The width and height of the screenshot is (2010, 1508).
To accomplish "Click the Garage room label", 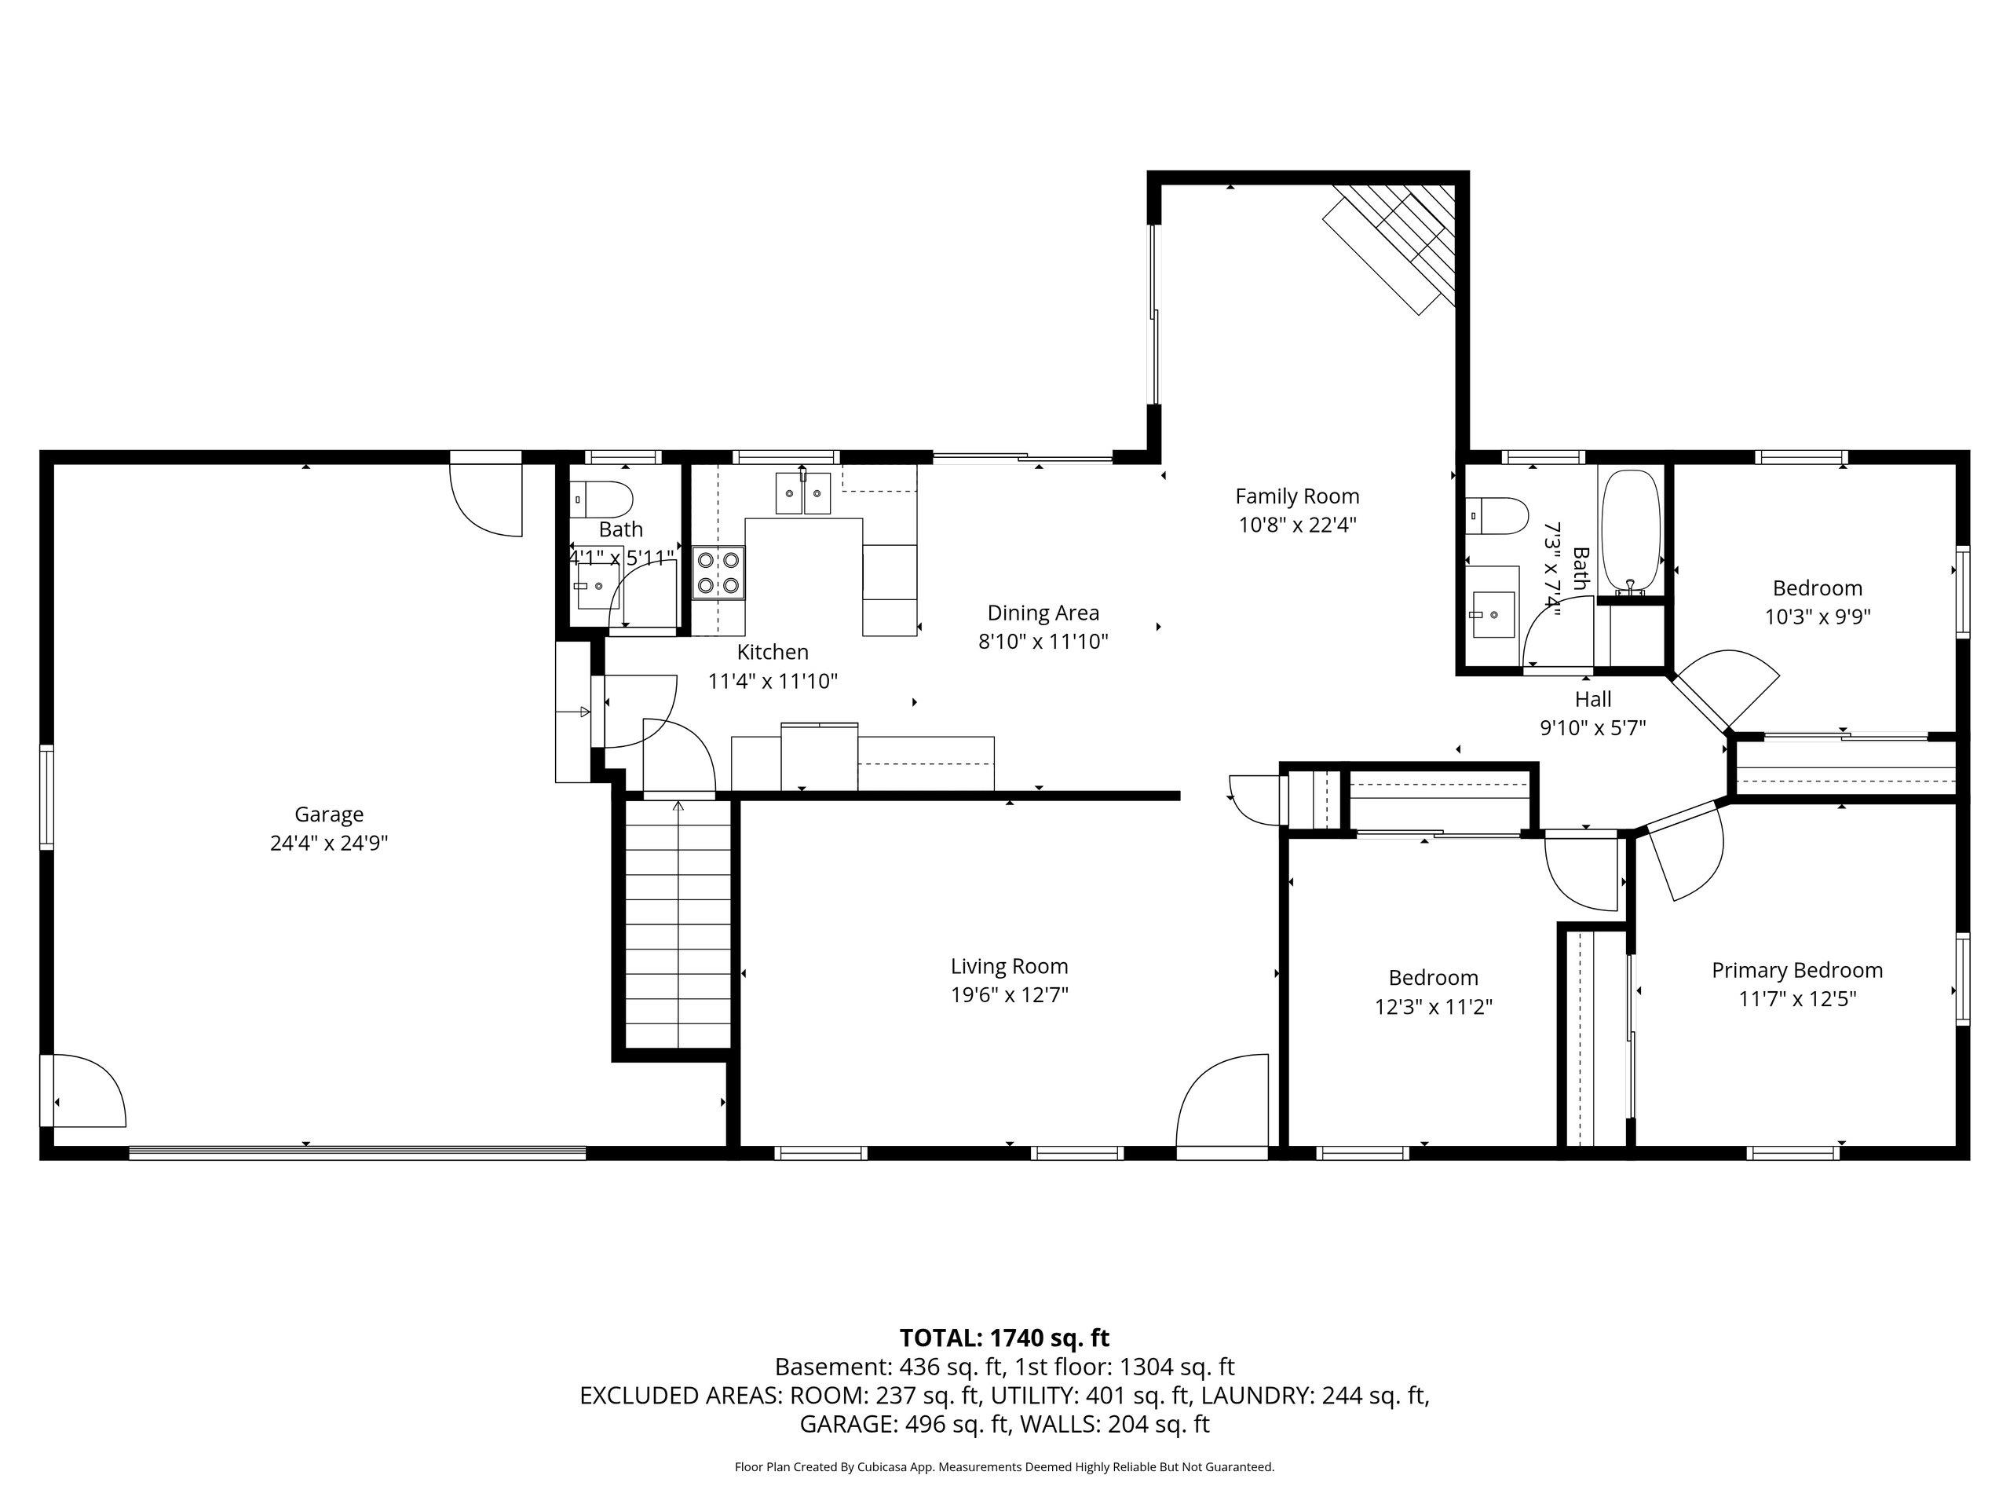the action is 329,814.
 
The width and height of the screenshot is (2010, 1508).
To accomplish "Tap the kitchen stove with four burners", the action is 718,573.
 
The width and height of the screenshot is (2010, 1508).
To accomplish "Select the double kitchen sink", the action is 802,493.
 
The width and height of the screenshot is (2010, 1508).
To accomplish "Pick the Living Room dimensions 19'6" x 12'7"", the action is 1010,995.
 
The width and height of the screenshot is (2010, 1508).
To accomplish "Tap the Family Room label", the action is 1298,496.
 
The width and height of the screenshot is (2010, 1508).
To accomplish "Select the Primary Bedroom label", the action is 1797,970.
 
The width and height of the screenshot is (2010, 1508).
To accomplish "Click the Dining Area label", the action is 1043,613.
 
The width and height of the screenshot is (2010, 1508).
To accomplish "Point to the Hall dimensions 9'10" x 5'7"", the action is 1593,728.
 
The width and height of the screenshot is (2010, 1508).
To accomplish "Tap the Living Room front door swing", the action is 1221,1103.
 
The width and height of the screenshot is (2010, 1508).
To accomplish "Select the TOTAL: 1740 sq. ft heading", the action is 1004,1338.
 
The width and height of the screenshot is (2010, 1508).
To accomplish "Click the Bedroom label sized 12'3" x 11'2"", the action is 1434,977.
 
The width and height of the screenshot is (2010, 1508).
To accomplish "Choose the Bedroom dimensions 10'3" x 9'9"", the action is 1818,617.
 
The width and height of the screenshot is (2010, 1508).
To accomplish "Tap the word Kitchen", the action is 773,652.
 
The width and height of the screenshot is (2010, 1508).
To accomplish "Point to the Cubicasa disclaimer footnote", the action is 1004,1466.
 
